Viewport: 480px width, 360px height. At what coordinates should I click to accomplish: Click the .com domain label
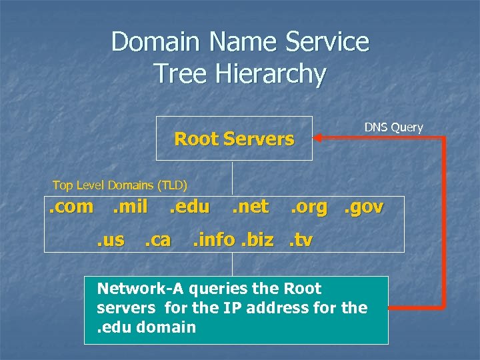point(71,207)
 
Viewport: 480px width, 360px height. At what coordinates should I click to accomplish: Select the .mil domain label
point(130,207)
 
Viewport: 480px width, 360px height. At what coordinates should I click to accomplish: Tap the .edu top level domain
point(189,207)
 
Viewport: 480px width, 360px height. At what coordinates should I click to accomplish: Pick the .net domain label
point(250,207)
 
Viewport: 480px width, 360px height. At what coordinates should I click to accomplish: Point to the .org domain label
point(309,207)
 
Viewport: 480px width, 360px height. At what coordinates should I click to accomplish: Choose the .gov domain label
point(363,207)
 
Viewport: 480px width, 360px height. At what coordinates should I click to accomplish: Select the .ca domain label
point(157,239)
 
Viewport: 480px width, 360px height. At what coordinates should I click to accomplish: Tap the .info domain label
point(213,239)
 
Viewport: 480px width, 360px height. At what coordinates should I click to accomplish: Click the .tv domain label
point(301,239)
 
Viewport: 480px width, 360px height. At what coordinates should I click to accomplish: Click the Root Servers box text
point(233,139)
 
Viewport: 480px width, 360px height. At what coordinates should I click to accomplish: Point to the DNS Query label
point(393,127)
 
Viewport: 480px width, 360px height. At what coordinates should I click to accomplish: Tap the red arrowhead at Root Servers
point(319,138)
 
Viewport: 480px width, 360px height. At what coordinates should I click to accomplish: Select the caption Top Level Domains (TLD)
point(120,185)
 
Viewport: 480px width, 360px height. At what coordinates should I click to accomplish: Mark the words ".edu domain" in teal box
point(146,327)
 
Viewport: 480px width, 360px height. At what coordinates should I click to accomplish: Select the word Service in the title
point(327,41)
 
